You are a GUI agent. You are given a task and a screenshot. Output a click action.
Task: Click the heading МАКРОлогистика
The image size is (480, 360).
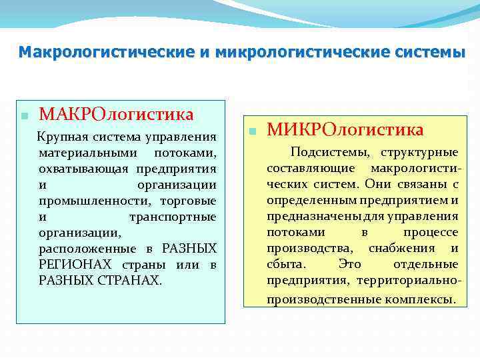pos(116,114)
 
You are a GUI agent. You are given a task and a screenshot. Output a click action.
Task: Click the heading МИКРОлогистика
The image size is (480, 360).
pos(345,129)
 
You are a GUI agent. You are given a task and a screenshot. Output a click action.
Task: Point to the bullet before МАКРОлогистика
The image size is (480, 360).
pos(25,115)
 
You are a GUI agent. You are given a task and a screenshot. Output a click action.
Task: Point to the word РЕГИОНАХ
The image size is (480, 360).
pos(74,265)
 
